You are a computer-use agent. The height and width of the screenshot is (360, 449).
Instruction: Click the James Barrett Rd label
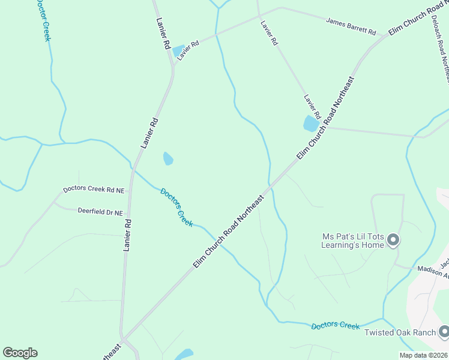click(351, 26)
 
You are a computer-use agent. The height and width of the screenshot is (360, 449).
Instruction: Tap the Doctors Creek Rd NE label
click(94, 190)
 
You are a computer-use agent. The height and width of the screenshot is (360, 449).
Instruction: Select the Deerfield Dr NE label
click(100, 212)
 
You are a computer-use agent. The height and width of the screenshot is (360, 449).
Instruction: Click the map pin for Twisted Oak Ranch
click(444, 331)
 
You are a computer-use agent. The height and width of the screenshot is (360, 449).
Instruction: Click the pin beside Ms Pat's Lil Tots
click(393, 240)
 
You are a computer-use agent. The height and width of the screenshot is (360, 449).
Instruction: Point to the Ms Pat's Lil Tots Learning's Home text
click(352, 241)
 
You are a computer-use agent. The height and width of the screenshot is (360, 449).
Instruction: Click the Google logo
click(20, 353)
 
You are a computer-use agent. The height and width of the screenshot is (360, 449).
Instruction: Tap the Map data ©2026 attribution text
click(423, 355)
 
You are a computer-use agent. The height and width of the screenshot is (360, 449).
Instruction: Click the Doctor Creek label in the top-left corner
click(43, 19)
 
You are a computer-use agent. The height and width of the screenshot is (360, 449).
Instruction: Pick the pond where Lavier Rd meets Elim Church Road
click(311, 124)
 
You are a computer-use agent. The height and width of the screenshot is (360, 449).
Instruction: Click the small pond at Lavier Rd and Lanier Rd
click(179, 50)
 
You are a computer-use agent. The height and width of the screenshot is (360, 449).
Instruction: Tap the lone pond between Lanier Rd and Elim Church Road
click(168, 158)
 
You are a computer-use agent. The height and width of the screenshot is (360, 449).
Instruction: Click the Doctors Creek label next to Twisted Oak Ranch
click(335, 325)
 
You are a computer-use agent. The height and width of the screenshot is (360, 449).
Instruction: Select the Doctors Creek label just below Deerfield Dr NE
click(176, 207)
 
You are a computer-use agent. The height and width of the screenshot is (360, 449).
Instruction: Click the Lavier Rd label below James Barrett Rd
click(269, 34)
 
